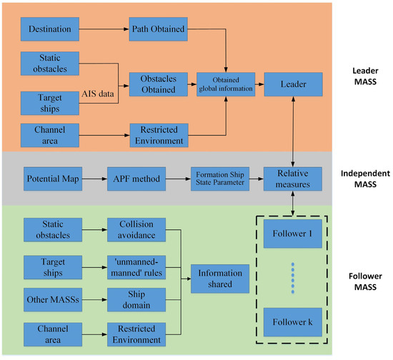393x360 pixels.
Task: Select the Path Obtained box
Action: coord(158,30)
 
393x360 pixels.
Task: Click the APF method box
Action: coord(131,176)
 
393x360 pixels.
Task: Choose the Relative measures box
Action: coord(294,176)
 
